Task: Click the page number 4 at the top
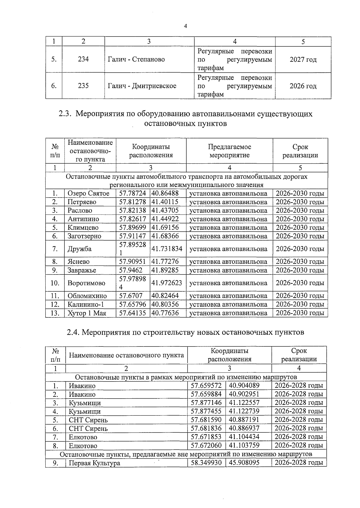coord(185,26)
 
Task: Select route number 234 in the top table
coord(83,59)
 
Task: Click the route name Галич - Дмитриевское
coord(142,86)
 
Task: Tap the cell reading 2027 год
coord(303,60)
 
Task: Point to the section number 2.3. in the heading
coord(65,114)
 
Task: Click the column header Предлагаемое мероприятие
coord(229,151)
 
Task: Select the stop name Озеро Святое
coord(88,194)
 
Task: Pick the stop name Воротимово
coord(86,283)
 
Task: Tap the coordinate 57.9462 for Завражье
coord(131,270)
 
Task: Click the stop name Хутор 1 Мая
coord(87,313)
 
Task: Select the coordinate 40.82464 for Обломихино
coord(165,296)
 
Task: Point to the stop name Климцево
coord(83,228)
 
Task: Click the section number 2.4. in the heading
coord(73,332)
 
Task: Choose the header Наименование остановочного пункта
coord(126,355)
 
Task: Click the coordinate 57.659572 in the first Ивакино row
coord(206,386)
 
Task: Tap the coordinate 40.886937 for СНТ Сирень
coord(244,429)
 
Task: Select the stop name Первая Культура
coord(94,463)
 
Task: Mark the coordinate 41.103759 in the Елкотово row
coord(244,446)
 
